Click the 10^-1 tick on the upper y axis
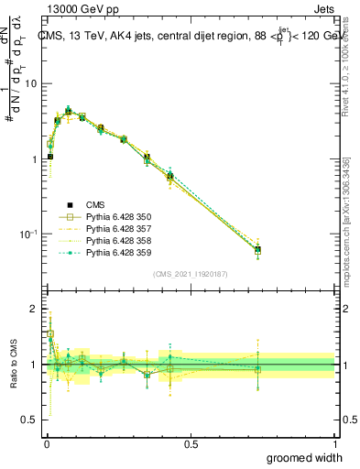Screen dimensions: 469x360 [x=28, y=234]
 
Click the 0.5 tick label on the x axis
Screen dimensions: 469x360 [x=190, y=442]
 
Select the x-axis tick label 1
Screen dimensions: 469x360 [x=334, y=442]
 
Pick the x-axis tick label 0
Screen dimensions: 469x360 [x=46, y=442]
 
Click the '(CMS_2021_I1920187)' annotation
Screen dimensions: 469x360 [x=190, y=273]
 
